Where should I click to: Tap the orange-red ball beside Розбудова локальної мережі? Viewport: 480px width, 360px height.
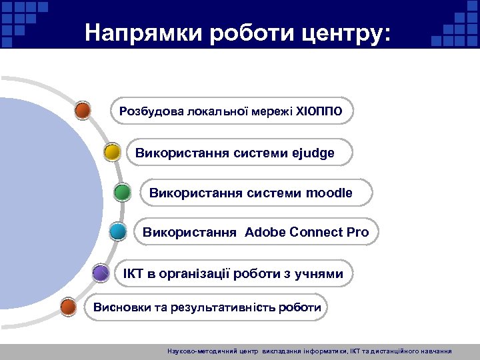pos(83,110)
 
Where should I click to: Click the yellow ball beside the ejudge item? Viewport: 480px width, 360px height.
pos(112,153)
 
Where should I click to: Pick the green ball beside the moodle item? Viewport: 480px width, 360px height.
pos(122,193)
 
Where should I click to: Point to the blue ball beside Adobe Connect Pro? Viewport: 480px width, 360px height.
pos(118,232)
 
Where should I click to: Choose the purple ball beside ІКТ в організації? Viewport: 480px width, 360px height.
pos(101,273)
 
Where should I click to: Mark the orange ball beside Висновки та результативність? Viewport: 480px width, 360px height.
pos(68,307)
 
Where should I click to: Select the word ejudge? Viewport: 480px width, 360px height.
pos(313,153)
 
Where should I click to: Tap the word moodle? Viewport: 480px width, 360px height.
pos(329,193)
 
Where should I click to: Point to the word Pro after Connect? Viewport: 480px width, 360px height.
pos(357,233)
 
